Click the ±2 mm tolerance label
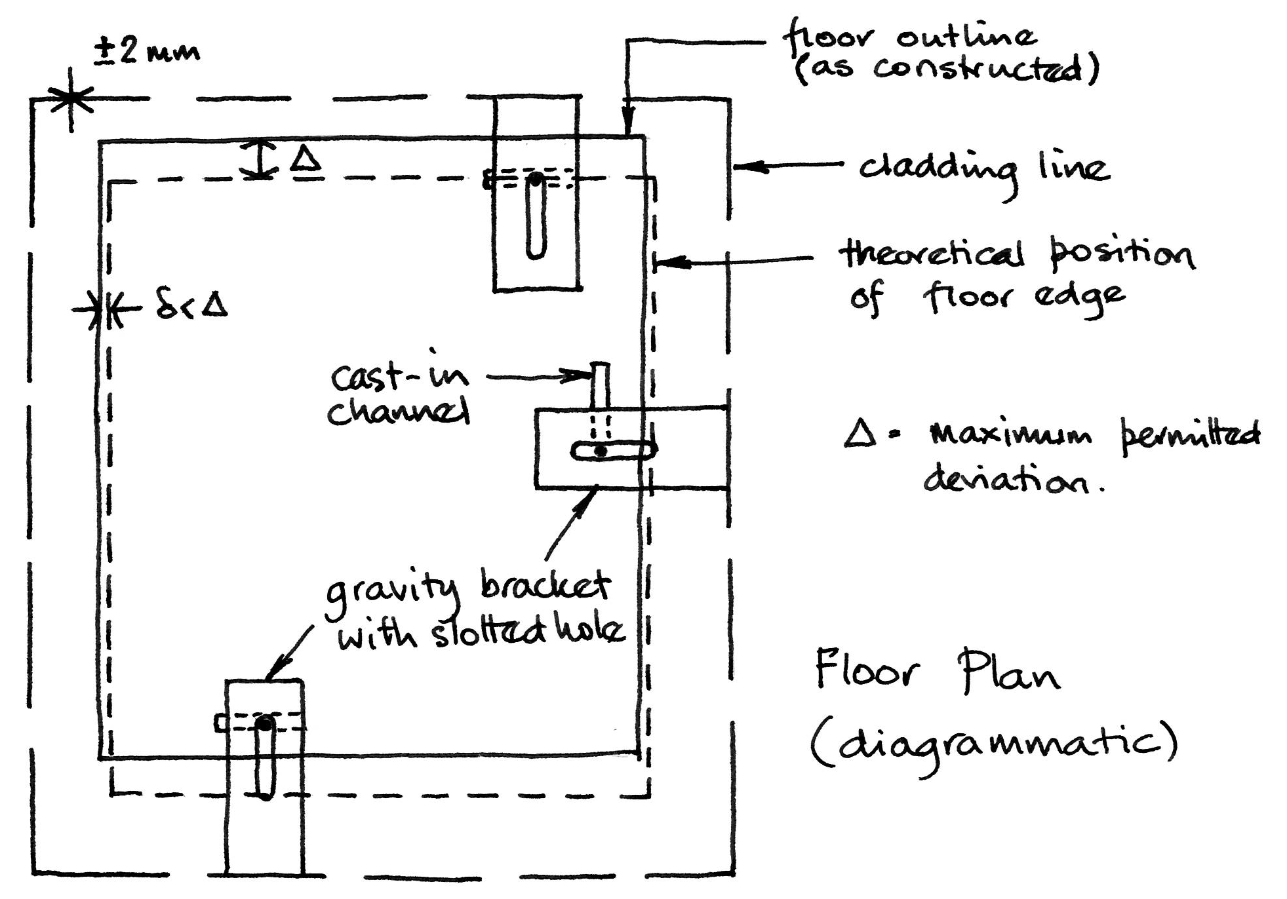coord(146,50)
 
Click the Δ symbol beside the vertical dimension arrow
coord(306,159)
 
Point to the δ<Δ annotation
coord(191,307)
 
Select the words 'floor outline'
coord(910,36)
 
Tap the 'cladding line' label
coord(983,169)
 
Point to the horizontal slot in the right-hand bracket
coord(612,451)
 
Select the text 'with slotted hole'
coord(480,633)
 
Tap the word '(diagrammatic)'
coord(993,744)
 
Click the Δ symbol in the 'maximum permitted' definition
coord(860,434)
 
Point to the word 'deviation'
coord(1006,482)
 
